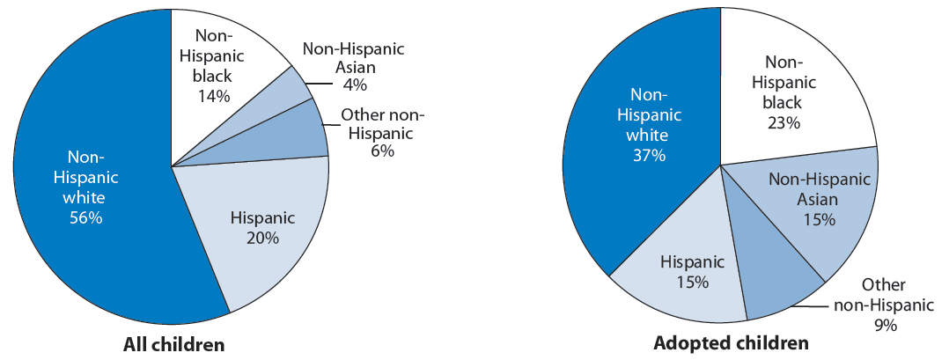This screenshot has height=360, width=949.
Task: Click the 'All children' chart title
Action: pos(173,344)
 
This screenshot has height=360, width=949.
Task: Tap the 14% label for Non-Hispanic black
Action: pos(214,96)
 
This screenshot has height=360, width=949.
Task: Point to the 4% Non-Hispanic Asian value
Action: pos(355,84)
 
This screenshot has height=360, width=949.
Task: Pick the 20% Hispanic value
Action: pos(262,238)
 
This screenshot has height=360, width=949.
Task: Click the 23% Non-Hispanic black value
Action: pos(783,122)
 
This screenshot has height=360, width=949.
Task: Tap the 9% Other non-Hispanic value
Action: pos(885,325)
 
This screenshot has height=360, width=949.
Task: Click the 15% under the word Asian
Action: pos(818,219)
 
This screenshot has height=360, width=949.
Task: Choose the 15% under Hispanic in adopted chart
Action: pos(692,283)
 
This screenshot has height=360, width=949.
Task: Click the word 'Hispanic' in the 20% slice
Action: pos(262,217)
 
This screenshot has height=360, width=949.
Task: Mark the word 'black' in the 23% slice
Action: pos(783,102)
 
